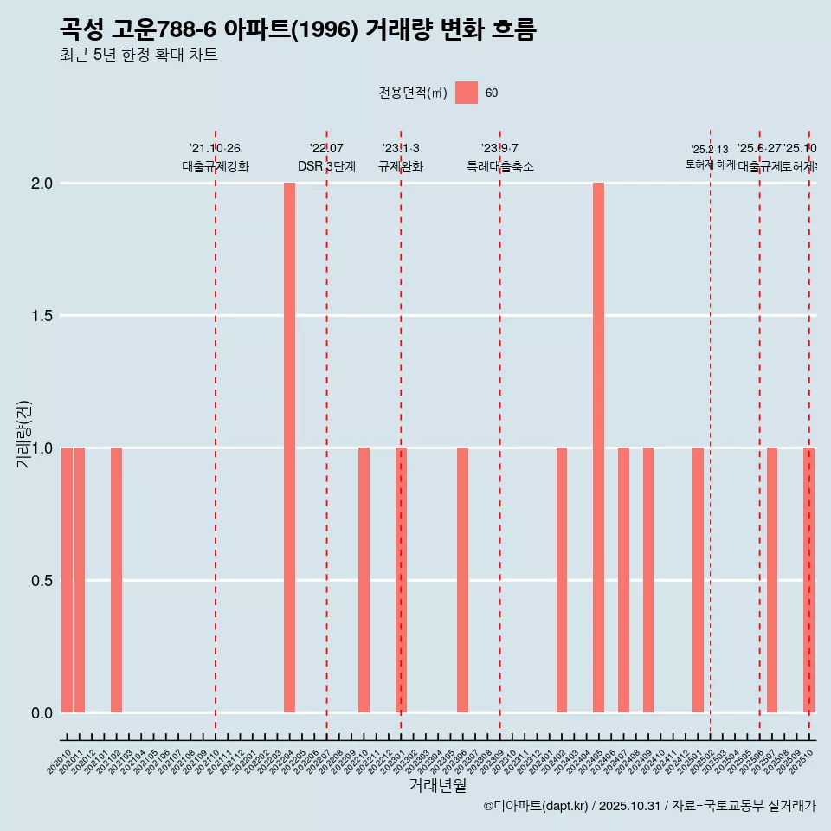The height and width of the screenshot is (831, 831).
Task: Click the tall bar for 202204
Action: [289, 448]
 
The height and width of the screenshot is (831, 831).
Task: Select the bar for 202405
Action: [598, 448]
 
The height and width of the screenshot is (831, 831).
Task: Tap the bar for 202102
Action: [116, 580]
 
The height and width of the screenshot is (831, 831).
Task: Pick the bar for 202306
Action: [462, 580]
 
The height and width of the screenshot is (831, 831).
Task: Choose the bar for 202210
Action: [364, 580]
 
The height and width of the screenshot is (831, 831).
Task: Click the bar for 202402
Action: [562, 580]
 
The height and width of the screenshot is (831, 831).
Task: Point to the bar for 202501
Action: [698, 580]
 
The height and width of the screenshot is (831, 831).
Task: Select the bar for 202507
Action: [772, 580]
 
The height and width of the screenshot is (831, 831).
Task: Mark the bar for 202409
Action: [648, 580]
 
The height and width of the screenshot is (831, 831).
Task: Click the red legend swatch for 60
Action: [467, 93]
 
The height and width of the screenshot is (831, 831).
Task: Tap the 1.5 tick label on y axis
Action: [41, 316]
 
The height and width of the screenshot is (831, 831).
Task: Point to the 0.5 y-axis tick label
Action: [41, 581]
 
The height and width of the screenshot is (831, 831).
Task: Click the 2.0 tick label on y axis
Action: [41, 184]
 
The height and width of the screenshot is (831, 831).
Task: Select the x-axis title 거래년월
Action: [437, 785]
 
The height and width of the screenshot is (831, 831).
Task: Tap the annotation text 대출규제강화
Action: [216, 166]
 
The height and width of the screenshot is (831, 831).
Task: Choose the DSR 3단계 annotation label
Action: [326, 166]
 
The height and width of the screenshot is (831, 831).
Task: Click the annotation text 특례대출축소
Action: [499, 166]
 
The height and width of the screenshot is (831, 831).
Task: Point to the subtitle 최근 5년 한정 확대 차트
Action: [138, 55]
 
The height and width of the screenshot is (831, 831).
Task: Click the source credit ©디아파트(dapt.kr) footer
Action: [649, 806]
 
